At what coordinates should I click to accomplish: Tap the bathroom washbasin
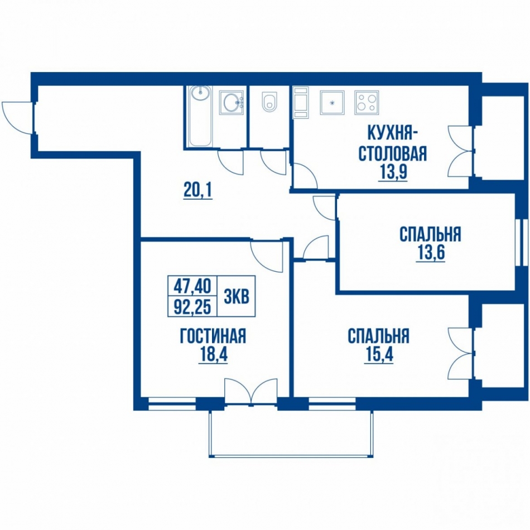coord(232,102)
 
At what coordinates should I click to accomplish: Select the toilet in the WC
coord(269,101)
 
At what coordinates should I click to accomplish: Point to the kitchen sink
coord(333,103)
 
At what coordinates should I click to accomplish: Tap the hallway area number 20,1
coord(197,191)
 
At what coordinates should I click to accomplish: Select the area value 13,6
coord(430,254)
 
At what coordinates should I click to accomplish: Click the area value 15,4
coord(379,355)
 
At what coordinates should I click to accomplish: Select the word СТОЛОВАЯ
coord(393,153)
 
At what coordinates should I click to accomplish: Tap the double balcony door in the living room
coord(251,391)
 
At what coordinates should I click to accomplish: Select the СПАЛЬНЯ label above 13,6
coord(430,234)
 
